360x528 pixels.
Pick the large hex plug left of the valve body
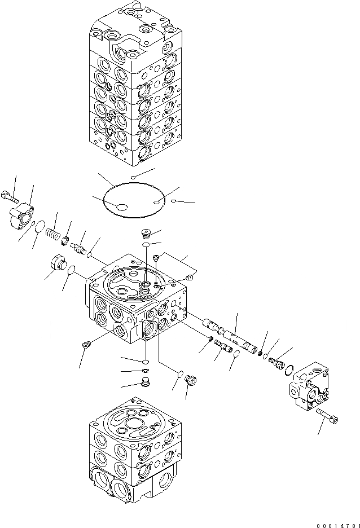59,262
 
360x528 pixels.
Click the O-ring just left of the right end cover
288,369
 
